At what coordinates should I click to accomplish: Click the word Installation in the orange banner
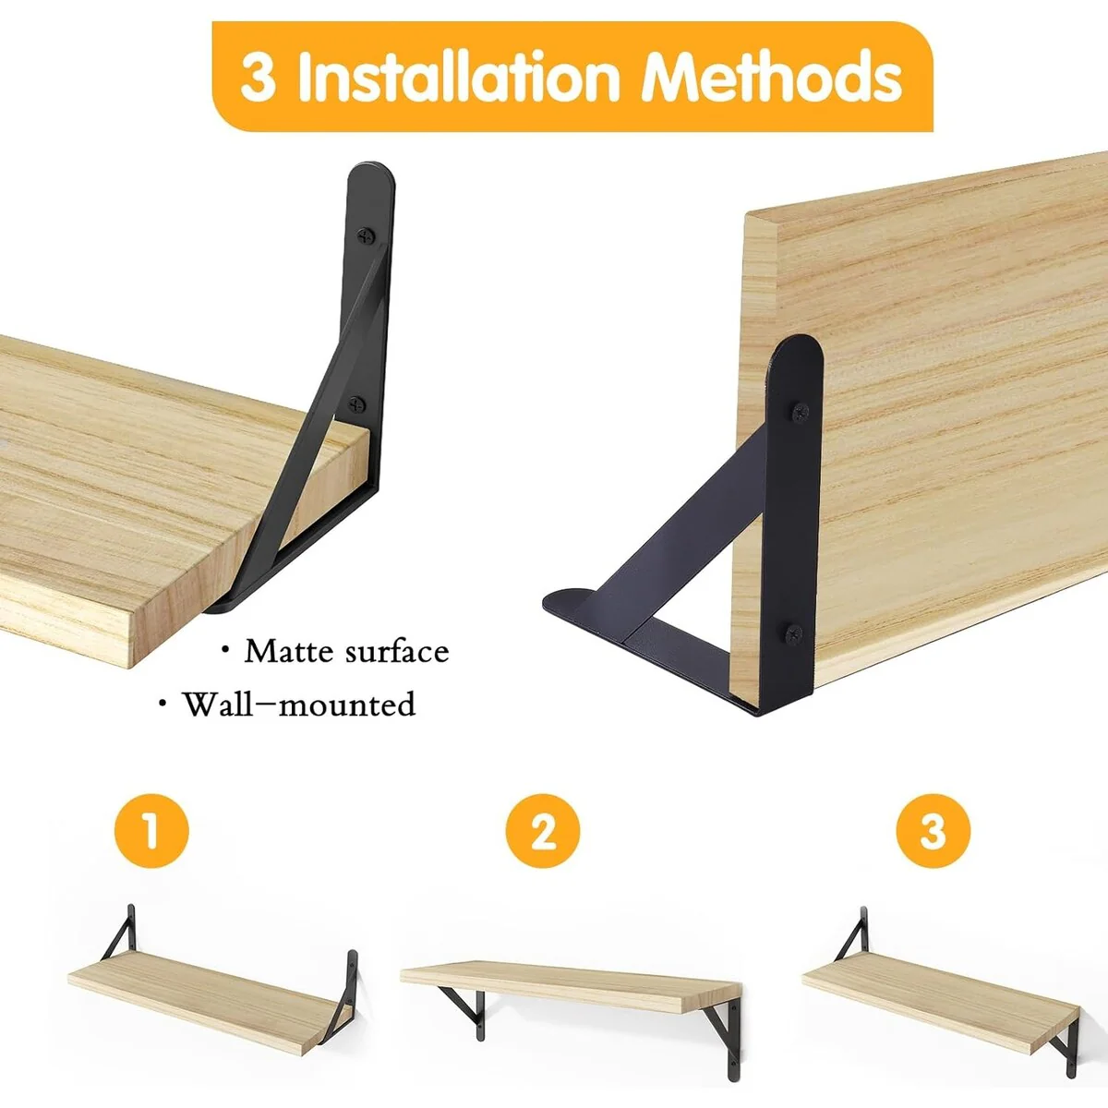[x=458, y=77]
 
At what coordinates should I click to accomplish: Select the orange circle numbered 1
[x=151, y=831]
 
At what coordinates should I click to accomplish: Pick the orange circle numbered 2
[x=543, y=831]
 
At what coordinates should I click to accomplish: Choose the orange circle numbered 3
[x=933, y=831]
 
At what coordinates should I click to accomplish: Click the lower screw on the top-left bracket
[x=357, y=404]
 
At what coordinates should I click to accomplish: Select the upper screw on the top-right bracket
[x=800, y=412]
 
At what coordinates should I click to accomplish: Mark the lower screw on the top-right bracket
[x=795, y=633]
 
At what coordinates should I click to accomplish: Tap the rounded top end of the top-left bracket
[x=372, y=179]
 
